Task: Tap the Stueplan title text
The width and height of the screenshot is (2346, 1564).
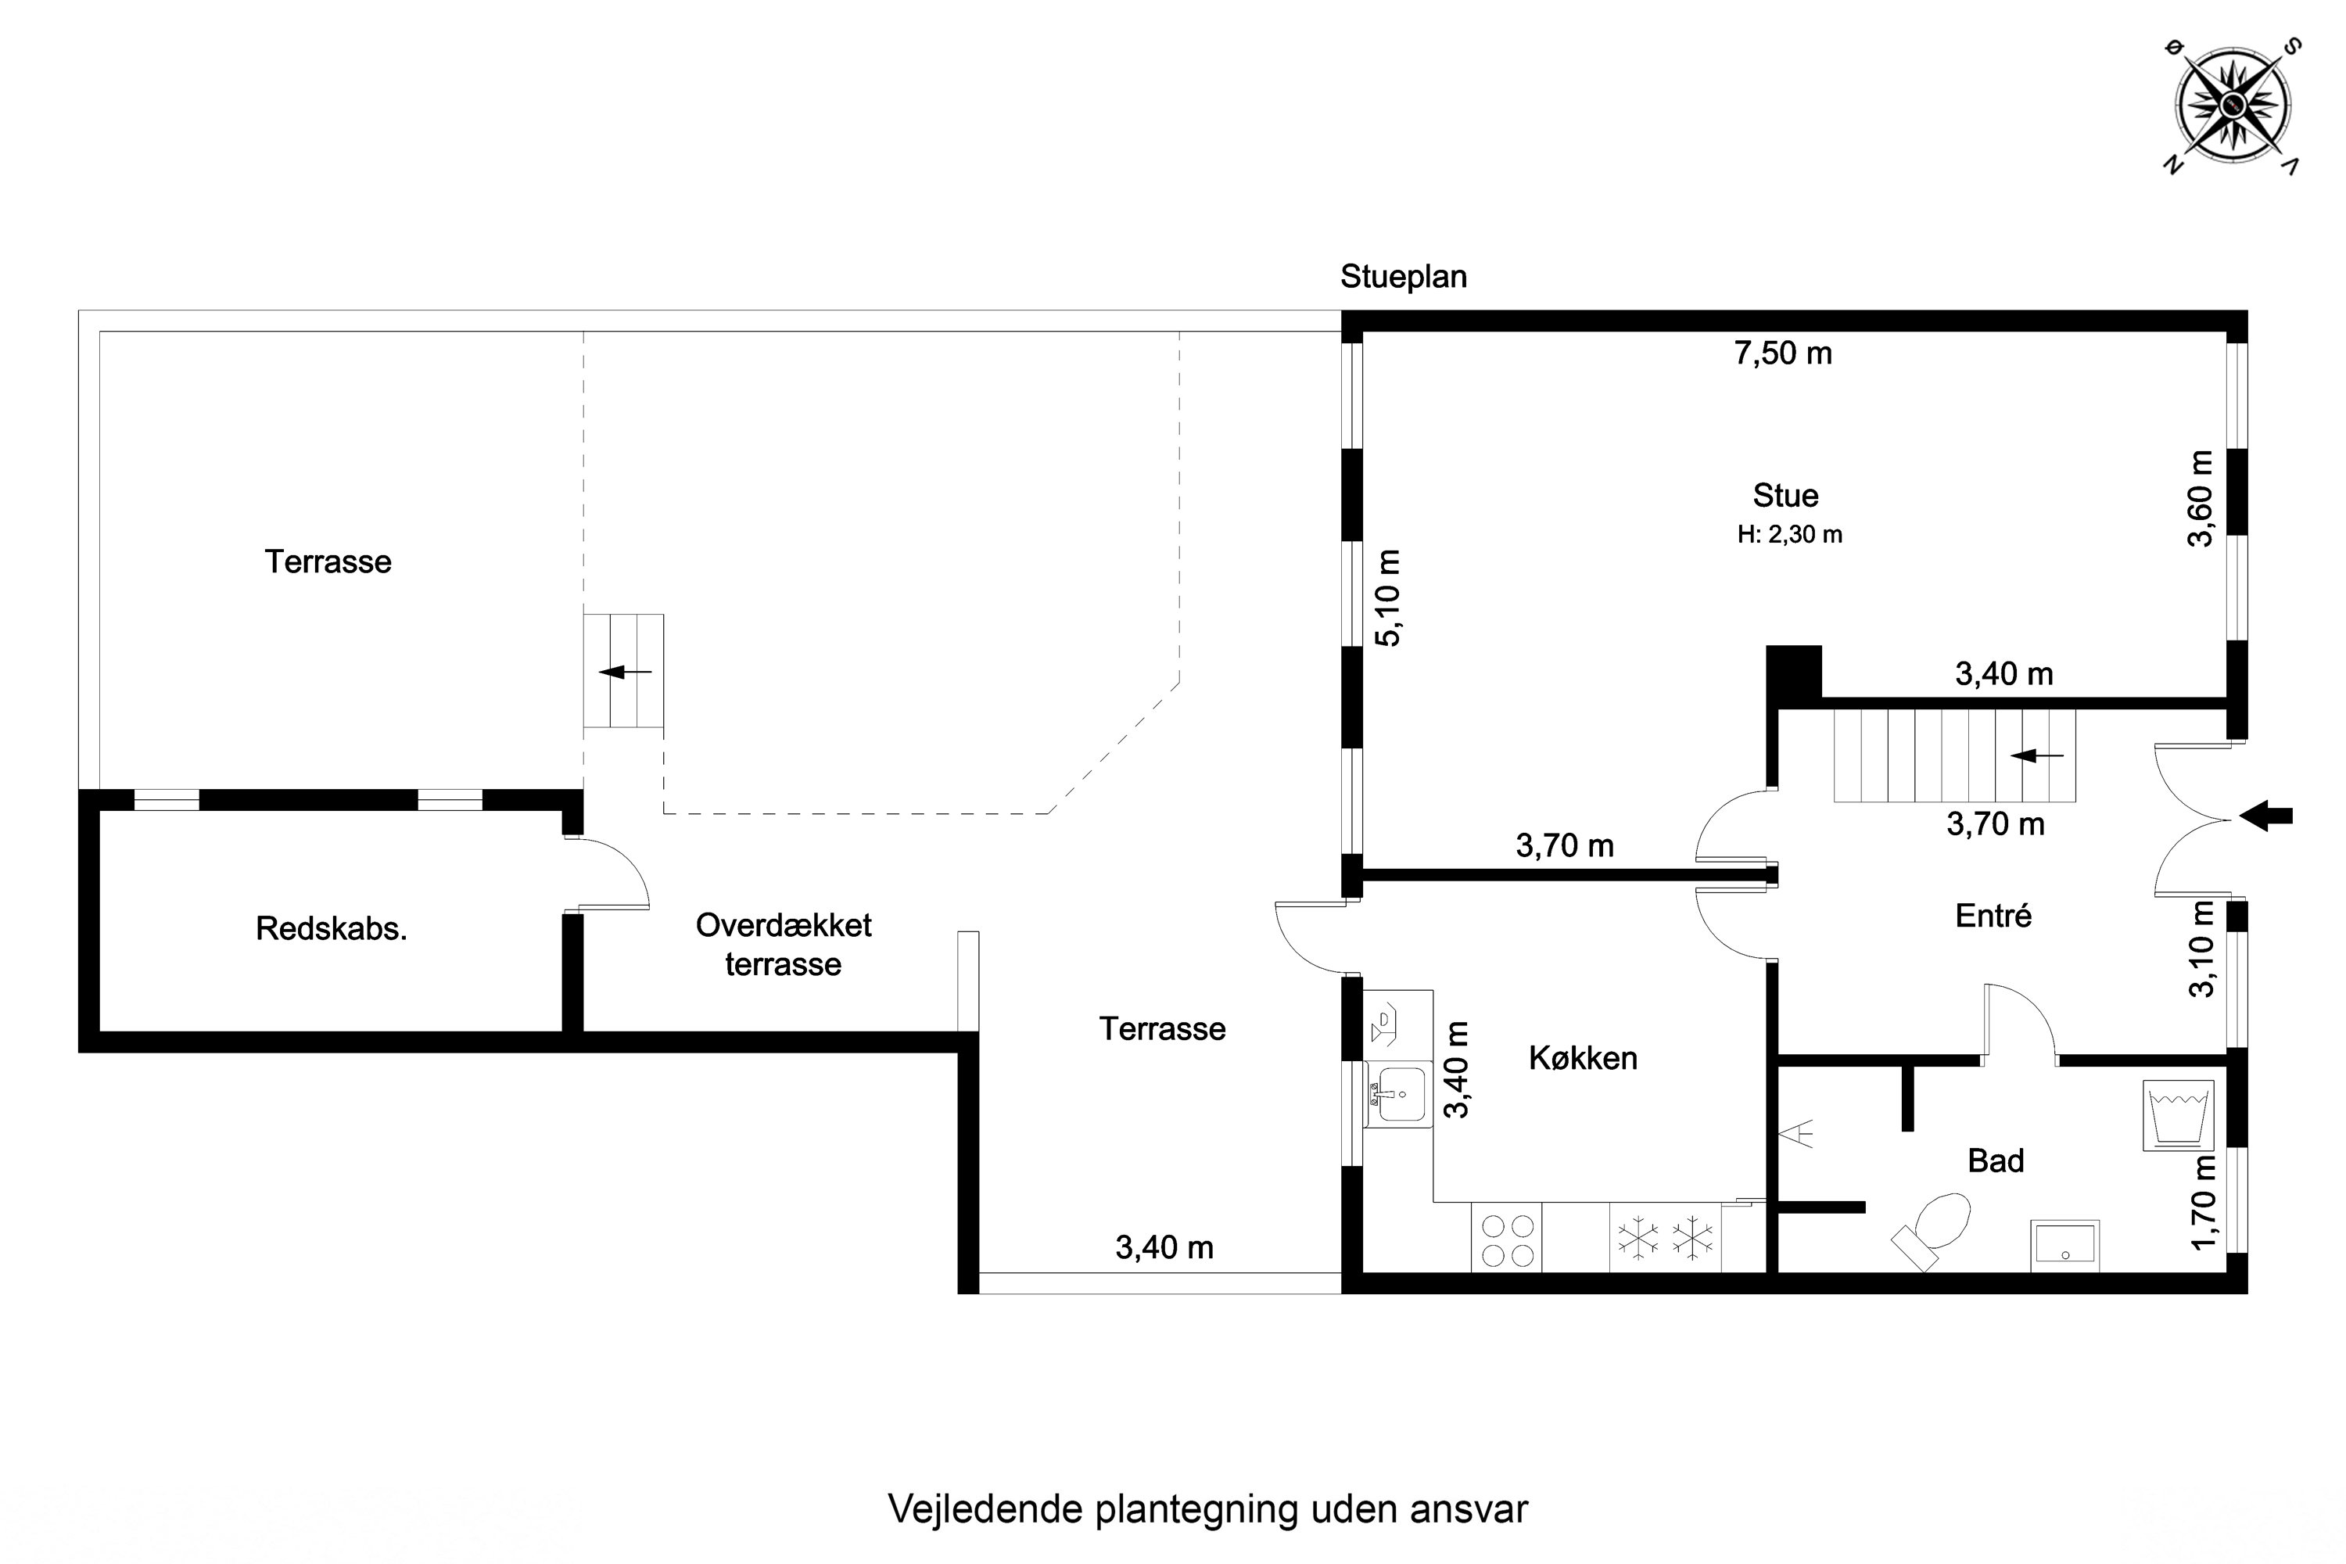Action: click(1402, 276)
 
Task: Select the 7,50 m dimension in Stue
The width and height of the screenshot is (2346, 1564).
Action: click(1782, 353)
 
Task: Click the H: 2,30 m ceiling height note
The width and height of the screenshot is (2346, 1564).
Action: click(1789, 535)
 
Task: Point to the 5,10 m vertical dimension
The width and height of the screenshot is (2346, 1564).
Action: click(1389, 597)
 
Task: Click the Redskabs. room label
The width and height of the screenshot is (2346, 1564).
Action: click(331, 929)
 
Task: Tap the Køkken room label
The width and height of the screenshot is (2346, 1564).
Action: click(1583, 1058)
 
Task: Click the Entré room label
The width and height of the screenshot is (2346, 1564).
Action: click(1993, 916)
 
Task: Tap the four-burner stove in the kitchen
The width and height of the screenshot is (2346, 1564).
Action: click(1507, 1239)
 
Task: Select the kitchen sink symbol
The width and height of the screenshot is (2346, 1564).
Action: click(1398, 1093)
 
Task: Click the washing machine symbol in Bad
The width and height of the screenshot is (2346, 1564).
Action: click(2177, 1117)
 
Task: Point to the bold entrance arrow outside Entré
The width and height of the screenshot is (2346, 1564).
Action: click(2266, 816)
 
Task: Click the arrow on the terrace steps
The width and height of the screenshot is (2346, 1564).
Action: click(624, 671)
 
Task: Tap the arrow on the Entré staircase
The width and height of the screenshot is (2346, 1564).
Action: click(2036, 756)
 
